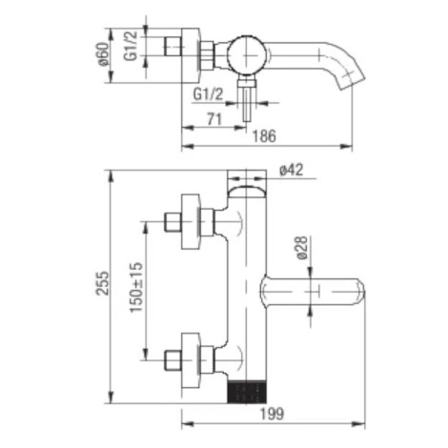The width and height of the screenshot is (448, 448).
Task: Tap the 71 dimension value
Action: coord(214,119)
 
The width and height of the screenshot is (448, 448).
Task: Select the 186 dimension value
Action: coord(264,136)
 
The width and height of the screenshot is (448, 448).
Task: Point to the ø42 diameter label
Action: coord(292,171)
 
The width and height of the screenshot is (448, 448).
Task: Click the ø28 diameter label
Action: coord(301,248)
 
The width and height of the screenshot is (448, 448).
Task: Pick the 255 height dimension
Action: coord(102,283)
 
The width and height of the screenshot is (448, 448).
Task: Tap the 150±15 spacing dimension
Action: coord(136,287)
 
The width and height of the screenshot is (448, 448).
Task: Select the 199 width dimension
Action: coord(273,414)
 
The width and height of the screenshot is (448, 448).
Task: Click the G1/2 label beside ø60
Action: coord(131,46)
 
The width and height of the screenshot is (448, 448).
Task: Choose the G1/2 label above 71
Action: coord(209,94)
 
